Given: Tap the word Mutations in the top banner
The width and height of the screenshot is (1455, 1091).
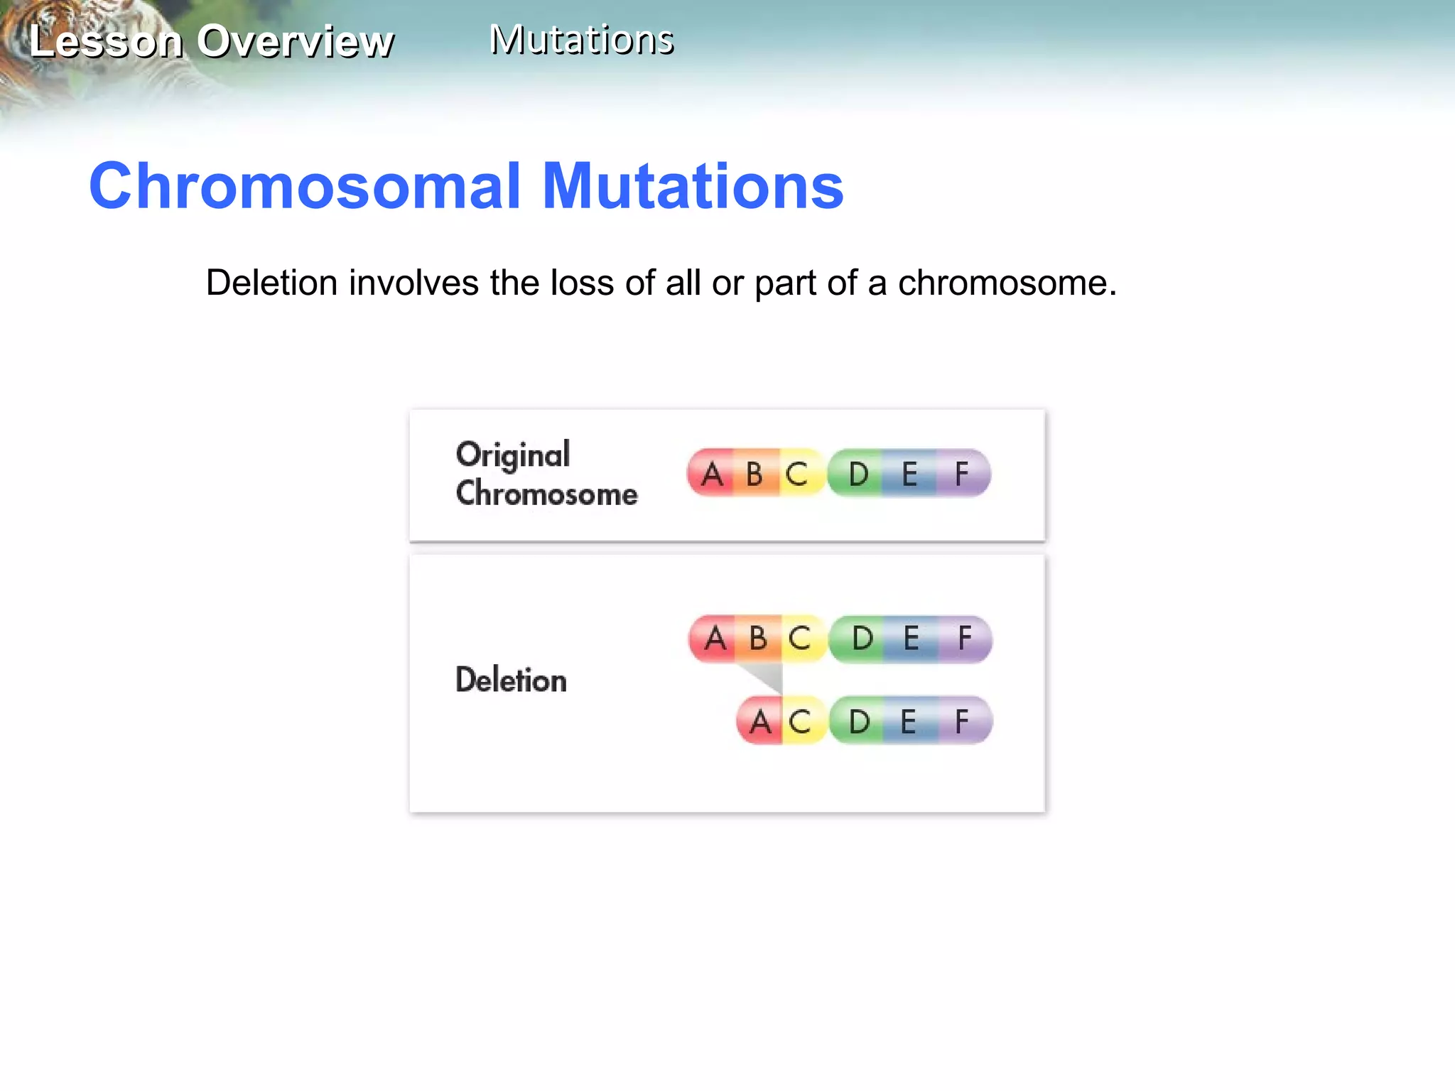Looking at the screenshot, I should click(581, 40).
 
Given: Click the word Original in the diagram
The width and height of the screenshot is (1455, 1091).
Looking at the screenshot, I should click(513, 455).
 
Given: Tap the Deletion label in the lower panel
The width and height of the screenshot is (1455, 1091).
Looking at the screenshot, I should click(511, 680).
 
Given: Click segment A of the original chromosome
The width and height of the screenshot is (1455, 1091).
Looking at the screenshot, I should click(711, 474).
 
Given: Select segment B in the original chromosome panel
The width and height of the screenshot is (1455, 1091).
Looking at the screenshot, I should click(754, 474).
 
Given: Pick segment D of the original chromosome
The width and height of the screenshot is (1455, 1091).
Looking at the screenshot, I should click(858, 474).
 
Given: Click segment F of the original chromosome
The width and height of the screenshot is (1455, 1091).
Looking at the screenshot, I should click(962, 474).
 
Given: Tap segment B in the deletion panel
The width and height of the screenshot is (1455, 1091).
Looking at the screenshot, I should click(758, 639).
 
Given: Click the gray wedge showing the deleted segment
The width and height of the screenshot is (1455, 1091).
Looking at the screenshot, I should click(765, 675).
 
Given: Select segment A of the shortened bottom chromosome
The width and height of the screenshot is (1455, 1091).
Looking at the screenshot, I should click(759, 722).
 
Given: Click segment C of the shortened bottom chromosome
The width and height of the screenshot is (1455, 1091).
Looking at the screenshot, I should click(800, 722).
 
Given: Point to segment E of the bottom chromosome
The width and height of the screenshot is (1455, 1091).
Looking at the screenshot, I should click(909, 722).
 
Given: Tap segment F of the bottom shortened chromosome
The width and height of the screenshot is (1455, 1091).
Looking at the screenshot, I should click(962, 722).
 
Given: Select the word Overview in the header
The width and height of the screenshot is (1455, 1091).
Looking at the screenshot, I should click(295, 41).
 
